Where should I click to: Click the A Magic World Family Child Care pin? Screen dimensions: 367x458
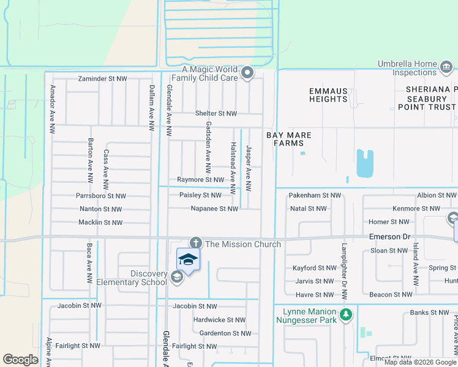pyautogui.click(x=247, y=73)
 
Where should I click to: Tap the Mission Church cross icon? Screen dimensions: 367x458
pyautogui.click(x=195, y=243)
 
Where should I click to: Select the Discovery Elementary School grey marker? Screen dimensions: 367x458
pyautogui.click(x=176, y=278)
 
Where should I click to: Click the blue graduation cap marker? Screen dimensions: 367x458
pyautogui.click(x=189, y=259)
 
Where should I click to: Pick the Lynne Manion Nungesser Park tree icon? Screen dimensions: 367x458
pyautogui.click(x=346, y=315)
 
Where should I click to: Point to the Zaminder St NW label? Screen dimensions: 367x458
pyautogui.click(x=102, y=80)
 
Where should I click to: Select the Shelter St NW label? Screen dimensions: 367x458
pyautogui.click(x=216, y=114)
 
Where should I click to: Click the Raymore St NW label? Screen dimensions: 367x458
pyautogui.click(x=200, y=180)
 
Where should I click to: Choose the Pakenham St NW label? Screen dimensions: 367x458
pyautogui.click(x=315, y=195)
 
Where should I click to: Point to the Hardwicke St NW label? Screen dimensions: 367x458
pyautogui.click(x=219, y=320)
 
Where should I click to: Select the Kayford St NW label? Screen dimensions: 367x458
pyautogui.click(x=314, y=268)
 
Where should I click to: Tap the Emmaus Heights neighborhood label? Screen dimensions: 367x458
pyautogui.click(x=328, y=95)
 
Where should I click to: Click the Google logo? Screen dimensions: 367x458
pyautogui.click(x=20, y=359)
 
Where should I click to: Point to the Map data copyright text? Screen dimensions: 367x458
pyautogui.click(x=419, y=362)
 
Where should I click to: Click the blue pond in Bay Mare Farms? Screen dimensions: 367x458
pyautogui.click(x=364, y=163)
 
